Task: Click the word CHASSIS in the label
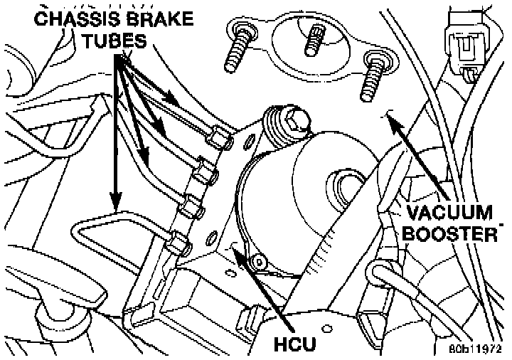[77, 19]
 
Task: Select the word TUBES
[114, 41]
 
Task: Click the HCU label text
[295, 344]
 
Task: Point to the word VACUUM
[449, 213]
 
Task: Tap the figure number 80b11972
[475, 349]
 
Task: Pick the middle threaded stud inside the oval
[315, 41]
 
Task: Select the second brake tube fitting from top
[205, 172]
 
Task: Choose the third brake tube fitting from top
[191, 207]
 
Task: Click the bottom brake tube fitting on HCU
[176, 243]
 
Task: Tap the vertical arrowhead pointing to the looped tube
[116, 200]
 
